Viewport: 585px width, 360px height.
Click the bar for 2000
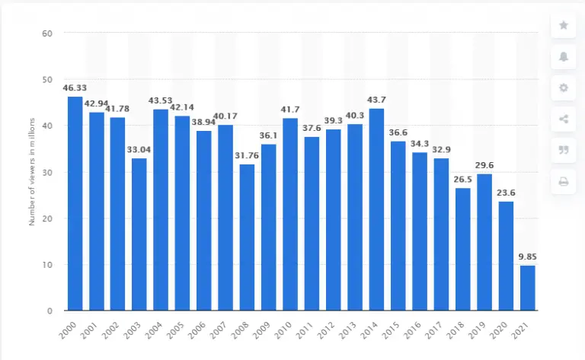(x=75, y=204)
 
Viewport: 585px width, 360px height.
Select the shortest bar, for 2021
(x=527, y=288)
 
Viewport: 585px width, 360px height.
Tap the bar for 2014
(x=376, y=209)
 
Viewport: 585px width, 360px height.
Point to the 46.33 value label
(x=75, y=88)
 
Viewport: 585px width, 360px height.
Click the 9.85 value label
(x=527, y=257)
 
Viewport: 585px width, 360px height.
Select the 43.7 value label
(x=376, y=100)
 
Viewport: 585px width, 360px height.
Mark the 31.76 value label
(x=247, y=156)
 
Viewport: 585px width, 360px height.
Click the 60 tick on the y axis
(x=47, y=33)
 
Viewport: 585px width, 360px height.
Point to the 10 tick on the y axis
(x=47, y=265)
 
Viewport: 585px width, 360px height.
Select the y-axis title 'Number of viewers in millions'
(x=33, y=172)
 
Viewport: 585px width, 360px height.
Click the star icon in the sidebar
(x=564, y=25)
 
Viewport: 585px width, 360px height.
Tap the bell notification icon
(x=564, y=56)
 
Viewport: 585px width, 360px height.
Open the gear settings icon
(x=564, y=88)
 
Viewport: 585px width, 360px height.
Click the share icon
(x=564, y=119)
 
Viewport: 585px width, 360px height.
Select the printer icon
(x=564, y=181)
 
